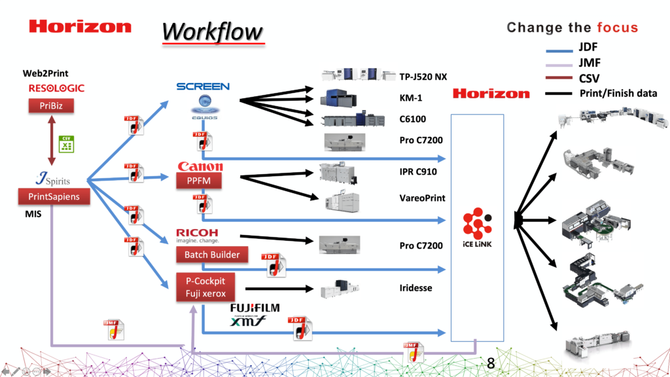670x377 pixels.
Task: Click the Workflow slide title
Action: [x=213, y=31]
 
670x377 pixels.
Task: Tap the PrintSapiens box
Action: [x=54, y=196]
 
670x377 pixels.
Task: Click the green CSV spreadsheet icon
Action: [x=66, y=143]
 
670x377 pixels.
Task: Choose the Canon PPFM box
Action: [x=200, y=180]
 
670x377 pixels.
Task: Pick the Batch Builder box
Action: [x=211, y=255]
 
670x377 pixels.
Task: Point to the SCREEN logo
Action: [x=203, y=86]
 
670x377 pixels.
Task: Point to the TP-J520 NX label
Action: [x=423, y=77]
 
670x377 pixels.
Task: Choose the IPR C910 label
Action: [x=419, y=171]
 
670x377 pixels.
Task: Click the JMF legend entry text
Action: [x=590, y=63]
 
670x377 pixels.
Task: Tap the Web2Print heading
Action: [x=46, y=74]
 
